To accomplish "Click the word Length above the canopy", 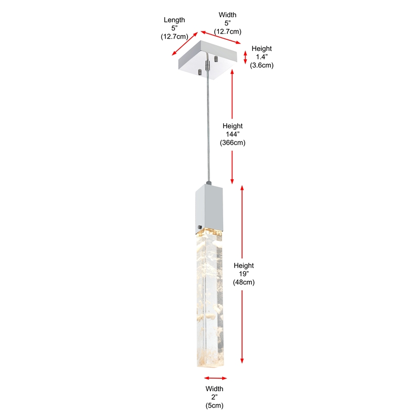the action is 174,20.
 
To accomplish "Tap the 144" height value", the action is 232,134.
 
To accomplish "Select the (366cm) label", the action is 233,142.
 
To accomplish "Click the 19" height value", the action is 244,273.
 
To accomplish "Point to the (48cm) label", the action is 244,282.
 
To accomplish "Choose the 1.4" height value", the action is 261,57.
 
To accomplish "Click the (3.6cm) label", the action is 261,65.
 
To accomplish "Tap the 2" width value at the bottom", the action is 215,397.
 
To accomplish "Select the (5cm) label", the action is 215,405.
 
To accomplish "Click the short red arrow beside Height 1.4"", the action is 245,58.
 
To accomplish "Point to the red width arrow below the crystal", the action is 215,378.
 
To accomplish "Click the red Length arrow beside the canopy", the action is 185,44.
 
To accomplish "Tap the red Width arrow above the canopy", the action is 220,37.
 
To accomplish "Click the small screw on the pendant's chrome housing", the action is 200,227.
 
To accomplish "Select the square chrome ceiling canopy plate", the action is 207,60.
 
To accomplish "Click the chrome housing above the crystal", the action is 209,207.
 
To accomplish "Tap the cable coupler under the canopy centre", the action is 207,65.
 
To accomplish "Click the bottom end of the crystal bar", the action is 211,366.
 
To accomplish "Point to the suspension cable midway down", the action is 208,128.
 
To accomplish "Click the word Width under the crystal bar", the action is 214,389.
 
